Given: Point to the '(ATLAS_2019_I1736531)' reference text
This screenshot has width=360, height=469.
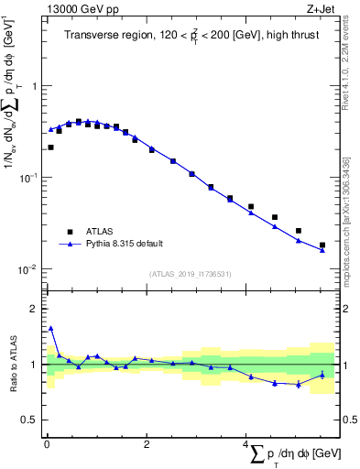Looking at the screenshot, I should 191,273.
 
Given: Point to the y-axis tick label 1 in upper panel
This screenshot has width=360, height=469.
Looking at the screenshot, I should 35,86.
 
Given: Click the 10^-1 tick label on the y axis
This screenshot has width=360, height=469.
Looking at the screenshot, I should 29,178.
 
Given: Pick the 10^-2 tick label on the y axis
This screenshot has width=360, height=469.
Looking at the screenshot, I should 29,269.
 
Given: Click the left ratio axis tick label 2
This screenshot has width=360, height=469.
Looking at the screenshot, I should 35,309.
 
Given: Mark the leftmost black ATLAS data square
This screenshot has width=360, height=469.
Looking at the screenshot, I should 50,147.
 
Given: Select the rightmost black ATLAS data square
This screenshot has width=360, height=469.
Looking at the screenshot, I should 322,245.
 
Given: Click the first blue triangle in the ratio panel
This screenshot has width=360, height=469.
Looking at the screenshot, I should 50,328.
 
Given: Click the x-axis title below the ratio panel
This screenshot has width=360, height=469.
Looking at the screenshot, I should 291,453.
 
